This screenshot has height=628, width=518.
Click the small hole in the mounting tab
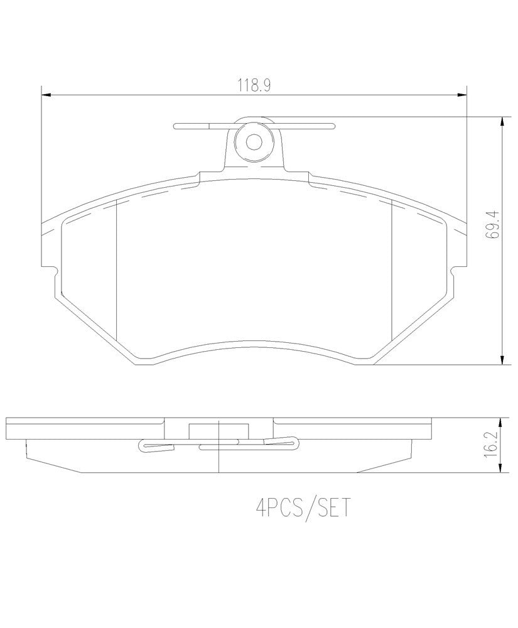[254, 142]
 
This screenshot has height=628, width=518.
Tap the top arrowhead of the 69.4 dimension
[502, 120]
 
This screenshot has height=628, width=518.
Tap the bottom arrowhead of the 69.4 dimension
[502, 360]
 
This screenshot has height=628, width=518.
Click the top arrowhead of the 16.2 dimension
[502, 421]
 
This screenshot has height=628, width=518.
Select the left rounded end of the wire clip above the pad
[177, 126]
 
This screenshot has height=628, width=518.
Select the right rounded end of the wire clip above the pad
[332, 126]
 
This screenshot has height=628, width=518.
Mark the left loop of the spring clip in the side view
[144, 447]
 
